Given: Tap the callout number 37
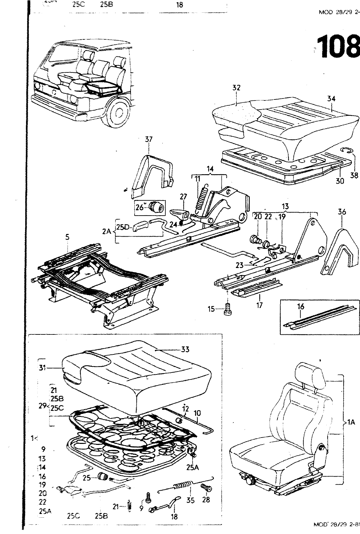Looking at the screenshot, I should tap(149, 140).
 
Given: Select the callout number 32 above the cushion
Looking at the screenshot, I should tap(236, 88).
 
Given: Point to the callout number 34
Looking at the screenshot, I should tap(331, 98).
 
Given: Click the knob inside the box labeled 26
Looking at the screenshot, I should tap(156, 207).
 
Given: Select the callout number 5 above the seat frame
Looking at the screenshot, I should tap(67, 237).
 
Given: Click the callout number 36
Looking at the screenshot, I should tap(342, 212).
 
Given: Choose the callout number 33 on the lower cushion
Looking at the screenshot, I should tap(185, 349).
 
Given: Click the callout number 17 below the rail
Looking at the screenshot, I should tap(259, 305).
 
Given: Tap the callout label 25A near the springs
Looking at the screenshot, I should tap(192, 468).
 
